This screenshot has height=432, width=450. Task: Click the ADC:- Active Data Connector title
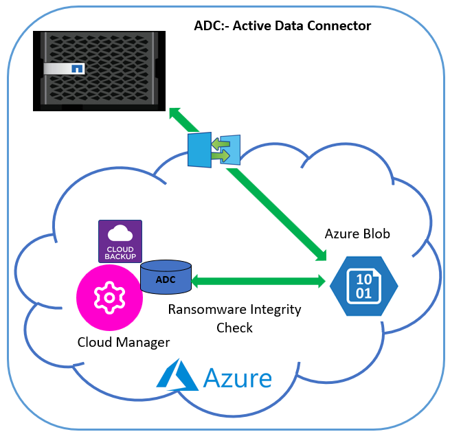tap(282, 26)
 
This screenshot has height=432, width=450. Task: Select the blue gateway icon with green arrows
tap(214, 150)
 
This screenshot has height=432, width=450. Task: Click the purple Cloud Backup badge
tap(120, 240)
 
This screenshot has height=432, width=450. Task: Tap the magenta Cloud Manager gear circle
tap(109, 297)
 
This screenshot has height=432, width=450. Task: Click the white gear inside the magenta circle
tap(109, 297)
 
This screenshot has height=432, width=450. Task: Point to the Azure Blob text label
tap(357, 234)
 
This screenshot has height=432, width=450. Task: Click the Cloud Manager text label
tap(124, 341)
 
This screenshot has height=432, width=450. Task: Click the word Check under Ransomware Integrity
tap(234, 328)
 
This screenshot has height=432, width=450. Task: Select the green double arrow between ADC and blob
tap(258, 281)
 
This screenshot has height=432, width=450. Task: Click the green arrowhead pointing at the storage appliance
tap(176, 113)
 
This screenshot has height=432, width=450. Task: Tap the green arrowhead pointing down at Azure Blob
tap(320, 255)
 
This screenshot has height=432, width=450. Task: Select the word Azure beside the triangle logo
tap(237, 378)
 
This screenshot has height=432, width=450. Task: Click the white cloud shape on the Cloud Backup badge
tap(120, 232)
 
